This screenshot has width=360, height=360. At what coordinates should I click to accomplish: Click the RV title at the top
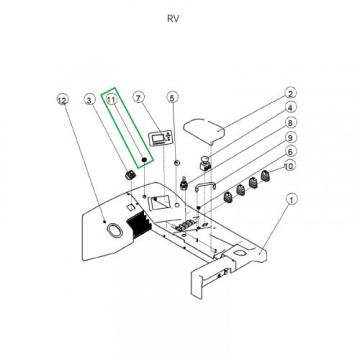click(x=173, y=19)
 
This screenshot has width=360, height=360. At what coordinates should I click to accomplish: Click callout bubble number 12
click(x=62, y=100)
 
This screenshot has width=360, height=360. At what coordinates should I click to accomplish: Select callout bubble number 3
click(x=89, y=100)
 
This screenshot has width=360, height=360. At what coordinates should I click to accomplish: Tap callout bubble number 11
click(x=112, y=100)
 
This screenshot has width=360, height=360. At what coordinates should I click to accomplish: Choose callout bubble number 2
click(x=290, y=93)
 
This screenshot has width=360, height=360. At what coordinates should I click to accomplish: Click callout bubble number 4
click(x=290, y=107)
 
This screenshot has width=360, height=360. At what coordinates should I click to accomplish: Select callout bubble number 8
click(x=290, y=122)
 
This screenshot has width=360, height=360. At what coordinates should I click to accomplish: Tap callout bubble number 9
click(x=290, y=137)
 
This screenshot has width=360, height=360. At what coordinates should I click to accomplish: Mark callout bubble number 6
click(x=290, y=151)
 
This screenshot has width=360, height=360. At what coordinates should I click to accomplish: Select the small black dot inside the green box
click(x=144, y=160)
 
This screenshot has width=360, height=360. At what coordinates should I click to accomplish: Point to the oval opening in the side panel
click(x=115, y=230)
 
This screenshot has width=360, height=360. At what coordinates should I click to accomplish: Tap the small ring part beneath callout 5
click(x=176, y=162)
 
